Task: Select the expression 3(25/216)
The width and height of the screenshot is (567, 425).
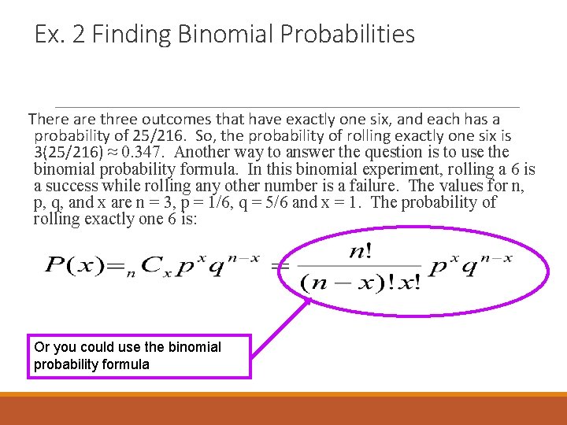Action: [x=68, y=152]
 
